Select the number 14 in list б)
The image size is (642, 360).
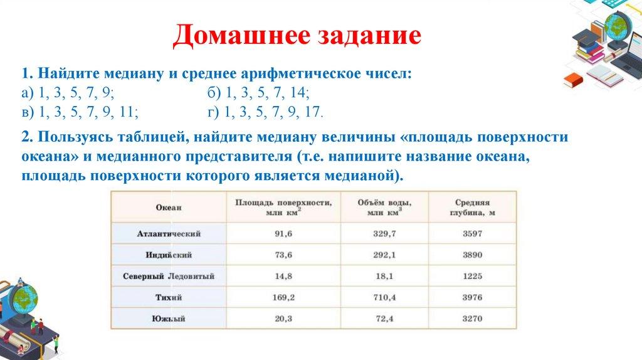(x=298, y=93)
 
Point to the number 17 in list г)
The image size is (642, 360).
(x=312, y=112)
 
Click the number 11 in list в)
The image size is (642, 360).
(x=127, y=112)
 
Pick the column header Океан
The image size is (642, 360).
(x=168, y=207)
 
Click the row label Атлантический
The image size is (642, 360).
(x=169, y=234)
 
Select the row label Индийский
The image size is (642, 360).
(x=169, y=255)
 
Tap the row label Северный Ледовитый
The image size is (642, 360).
(x=169, y=276)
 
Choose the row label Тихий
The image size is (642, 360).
(x=169, y=297)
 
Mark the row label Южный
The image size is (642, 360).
(x=169, y=319)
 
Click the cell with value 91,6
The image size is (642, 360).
(x=283, y=234)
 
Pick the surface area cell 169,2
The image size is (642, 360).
(x=283, y=297)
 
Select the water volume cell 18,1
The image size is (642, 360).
(x=384, y=276)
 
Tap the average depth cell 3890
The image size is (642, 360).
(x=473, y=255)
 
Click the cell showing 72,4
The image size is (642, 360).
(x=384, y=319)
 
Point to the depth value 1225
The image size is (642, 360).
(x=473, y=276)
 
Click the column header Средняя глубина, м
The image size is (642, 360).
(x=473, y=207)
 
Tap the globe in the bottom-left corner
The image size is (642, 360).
(x=23, y=298)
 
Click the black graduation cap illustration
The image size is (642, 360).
(x=587, y=38)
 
